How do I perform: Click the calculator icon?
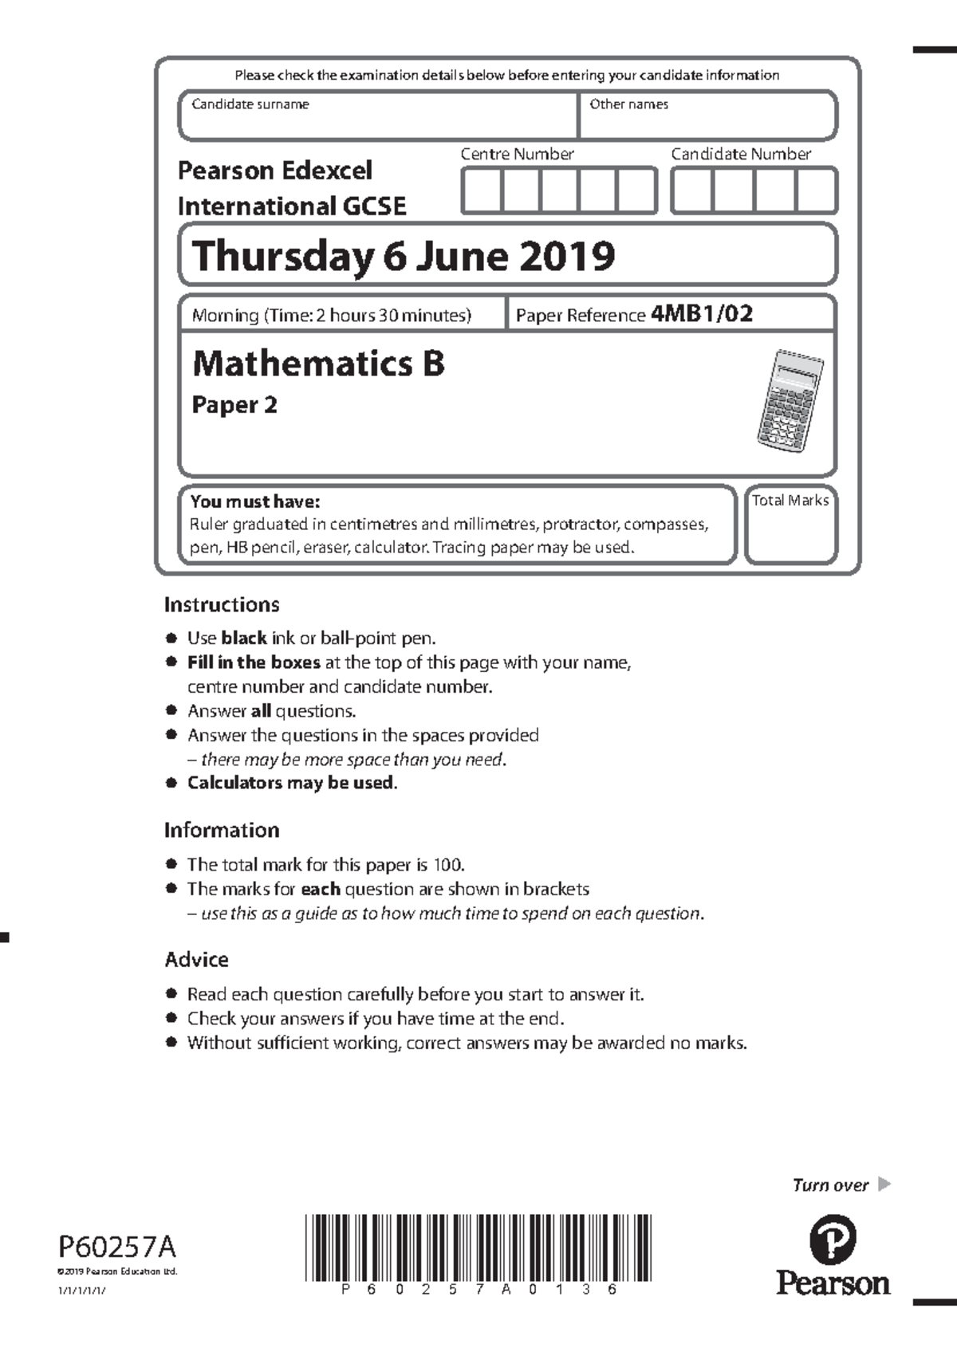point(790,399)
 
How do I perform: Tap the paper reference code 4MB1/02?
point(702,313)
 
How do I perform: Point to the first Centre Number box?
point(482,191)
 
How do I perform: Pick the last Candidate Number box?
point(816,191)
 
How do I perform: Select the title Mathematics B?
point(318,364)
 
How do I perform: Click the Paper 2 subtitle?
point(234,405)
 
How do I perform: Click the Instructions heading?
point(222,605)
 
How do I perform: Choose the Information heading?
point(222,830)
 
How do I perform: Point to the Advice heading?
point(196,960)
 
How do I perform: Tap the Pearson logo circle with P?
point(833,1240)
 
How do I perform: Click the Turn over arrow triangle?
point(884,1184)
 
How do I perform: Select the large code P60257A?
point(117,1246)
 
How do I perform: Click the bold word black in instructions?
point(243,638)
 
